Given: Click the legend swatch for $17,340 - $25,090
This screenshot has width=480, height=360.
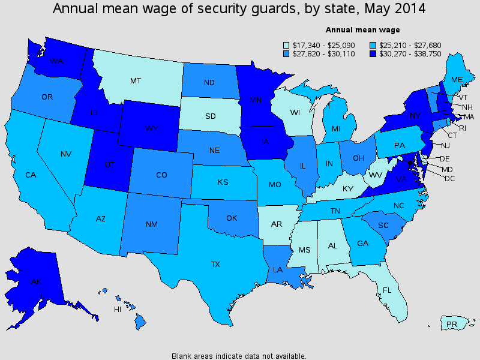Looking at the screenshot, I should pos(286,44).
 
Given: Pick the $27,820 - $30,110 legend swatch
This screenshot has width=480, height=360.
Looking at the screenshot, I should pos(286,53).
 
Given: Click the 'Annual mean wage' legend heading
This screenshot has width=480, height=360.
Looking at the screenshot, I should pos(362,29).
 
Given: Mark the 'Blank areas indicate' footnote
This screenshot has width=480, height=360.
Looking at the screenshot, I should pos(239,355).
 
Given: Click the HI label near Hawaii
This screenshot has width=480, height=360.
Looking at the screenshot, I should pos(118,310).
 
